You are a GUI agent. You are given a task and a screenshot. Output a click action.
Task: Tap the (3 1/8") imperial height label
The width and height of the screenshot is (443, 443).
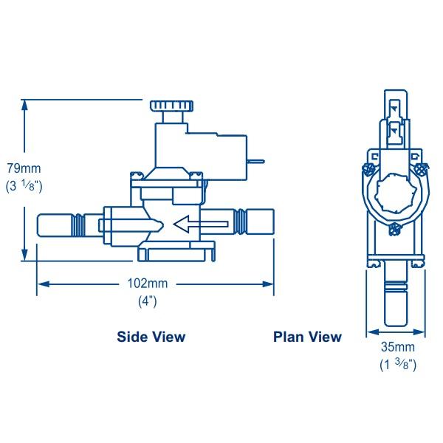tap(24, 188)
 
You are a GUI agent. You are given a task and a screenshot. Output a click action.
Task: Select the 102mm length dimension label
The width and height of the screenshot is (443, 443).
tap(147, 284)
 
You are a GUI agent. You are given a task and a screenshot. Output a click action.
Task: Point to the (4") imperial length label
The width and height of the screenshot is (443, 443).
tap(148, 301)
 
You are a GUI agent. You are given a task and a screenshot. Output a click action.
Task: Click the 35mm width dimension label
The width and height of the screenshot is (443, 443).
tap(397, 348)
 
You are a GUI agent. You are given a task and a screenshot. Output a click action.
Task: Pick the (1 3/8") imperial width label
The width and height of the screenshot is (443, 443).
tap(397, 365)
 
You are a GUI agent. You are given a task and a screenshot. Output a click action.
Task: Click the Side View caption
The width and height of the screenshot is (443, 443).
tap(151, 337)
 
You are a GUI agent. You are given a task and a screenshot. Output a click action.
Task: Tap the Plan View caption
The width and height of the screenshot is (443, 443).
tap(307, 337)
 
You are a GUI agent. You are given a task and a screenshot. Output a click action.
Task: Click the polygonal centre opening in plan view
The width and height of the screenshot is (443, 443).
tap(396, 195)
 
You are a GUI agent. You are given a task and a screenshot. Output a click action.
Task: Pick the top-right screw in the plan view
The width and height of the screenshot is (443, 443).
tap(423, 170)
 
